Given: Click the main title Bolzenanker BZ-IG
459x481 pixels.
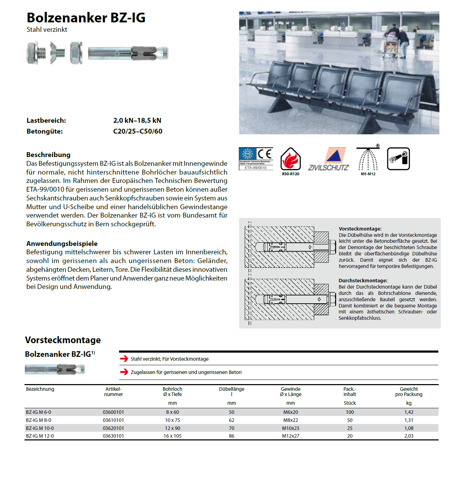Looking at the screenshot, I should [86, 18].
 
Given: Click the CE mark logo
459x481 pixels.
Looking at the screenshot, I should [265, 154].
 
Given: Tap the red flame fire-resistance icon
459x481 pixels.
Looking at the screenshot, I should [290, 160].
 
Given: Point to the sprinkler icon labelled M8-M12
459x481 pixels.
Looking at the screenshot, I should [368, 160].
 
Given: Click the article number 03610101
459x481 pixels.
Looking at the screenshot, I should [113, 420].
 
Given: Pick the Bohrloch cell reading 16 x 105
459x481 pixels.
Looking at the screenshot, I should [173, 436].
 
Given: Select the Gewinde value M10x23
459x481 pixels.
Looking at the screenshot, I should [291, 428].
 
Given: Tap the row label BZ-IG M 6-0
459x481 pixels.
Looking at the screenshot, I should [39, 412].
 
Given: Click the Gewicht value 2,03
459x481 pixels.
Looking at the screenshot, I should [409, 436].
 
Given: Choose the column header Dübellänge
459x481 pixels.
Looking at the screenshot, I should [231, 389].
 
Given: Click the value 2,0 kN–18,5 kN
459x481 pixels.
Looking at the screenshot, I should [137, 121].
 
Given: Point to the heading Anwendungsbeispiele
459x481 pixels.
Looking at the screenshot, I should [62, 243].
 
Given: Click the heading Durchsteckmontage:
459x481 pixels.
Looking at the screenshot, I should [363, 281].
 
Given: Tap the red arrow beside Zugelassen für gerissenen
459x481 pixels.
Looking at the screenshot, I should [124, 372].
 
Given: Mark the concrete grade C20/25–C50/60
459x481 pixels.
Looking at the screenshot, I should [138, 132].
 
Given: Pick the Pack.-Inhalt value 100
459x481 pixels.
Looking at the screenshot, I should [350, 412].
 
